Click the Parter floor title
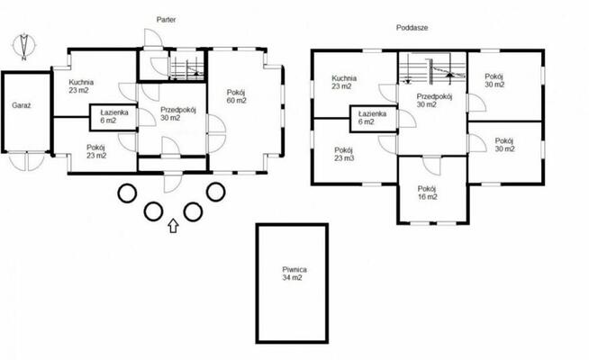166,20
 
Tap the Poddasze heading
412,28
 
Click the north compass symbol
24,46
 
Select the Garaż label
21,105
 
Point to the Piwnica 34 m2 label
294,274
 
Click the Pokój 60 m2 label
236,96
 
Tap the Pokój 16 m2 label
428,193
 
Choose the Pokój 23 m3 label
344,154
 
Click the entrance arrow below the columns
173,226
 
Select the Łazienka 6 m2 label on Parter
114,116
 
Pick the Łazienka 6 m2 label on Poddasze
372,118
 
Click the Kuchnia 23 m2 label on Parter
81,86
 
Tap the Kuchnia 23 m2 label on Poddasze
344,82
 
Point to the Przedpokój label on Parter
178,110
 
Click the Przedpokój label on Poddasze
434,96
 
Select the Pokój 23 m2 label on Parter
96,151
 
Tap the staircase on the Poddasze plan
432,71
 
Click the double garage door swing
26,161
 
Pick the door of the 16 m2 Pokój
432,166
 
